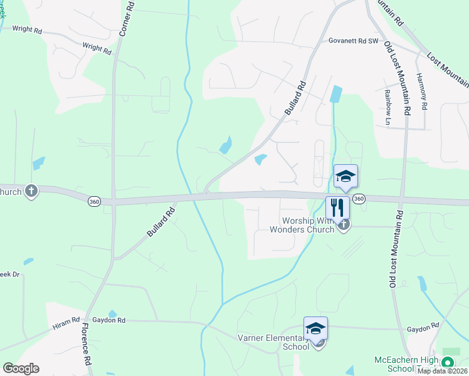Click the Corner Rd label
(125, 18)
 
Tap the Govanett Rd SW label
(354, 41)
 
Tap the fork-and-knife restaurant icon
(337, 207)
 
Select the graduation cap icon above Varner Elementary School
(315, 328)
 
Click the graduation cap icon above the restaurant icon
(345, 175)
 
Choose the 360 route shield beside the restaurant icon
(359, 199)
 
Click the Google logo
(21, 368)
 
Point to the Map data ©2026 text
(442, 371)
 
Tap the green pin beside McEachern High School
(447, 363)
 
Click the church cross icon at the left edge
(31, 191)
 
